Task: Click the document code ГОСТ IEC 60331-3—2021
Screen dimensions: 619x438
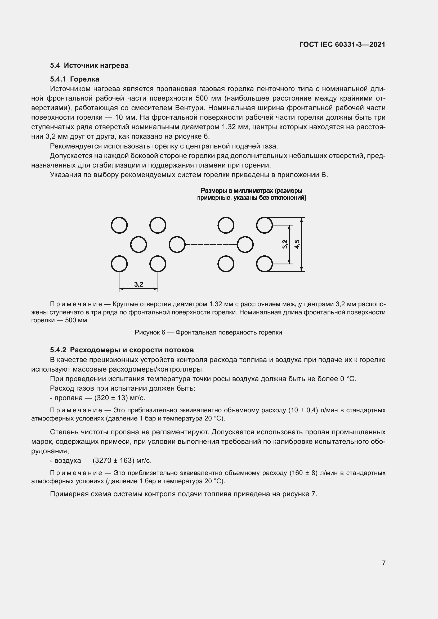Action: click(342, 44)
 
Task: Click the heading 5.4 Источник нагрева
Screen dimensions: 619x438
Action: click(89, 66)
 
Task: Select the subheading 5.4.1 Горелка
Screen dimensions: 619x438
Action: click(74, 79)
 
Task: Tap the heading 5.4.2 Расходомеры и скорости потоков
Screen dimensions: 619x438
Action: click(122, 350)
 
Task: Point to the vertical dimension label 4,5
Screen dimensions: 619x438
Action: click(297, 244)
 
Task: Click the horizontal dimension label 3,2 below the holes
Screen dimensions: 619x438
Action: click(138, 284)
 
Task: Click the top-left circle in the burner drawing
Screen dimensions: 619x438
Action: click(119, 225)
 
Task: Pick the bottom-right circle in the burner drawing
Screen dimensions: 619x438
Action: click(264, 264)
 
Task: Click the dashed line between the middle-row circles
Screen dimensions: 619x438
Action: click(211, 245)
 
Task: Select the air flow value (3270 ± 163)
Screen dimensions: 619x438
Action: click(113, 460)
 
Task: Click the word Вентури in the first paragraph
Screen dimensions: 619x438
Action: click(188, 108)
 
